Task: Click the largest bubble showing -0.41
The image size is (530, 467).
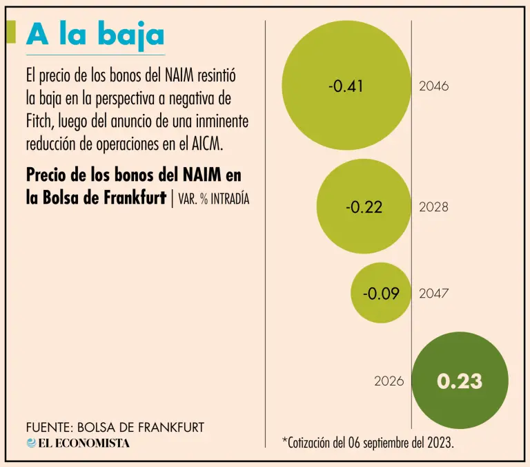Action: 347,86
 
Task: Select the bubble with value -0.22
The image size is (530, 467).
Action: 364,207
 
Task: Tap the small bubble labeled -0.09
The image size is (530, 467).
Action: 381,293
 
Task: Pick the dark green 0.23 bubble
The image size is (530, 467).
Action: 460,381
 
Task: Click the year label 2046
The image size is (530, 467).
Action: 433,86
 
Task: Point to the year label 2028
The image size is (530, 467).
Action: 433,207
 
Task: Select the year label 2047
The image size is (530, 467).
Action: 433,293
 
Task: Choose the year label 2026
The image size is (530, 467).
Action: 389,381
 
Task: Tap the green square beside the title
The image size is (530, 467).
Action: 10,32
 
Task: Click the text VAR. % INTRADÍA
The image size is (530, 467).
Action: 213,199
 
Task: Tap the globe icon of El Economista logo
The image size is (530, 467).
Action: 32,443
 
